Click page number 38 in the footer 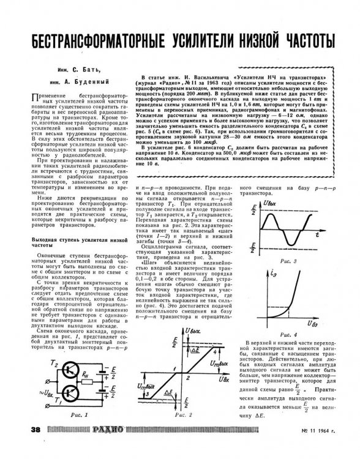pyautogui.click(x=24, y=446)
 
